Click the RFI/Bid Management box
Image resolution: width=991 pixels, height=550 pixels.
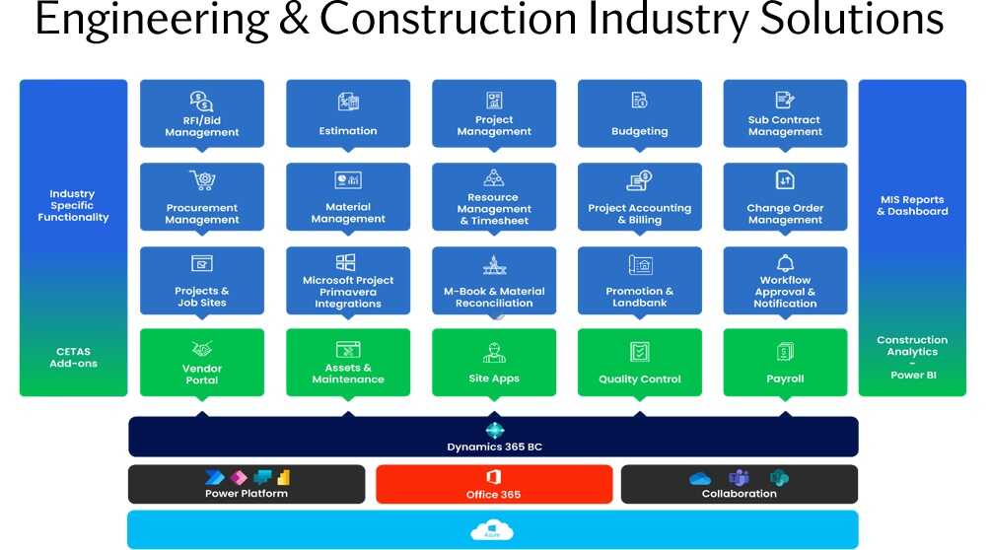pyautogui.click(x=202, y=113)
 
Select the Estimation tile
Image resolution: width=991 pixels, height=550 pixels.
pyautogui.click(x=348, y=113)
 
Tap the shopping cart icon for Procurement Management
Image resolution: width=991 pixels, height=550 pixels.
pyautogui.click(x=203, y=180)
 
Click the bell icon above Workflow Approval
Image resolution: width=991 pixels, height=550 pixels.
pyautogui.click(x=785, y=263)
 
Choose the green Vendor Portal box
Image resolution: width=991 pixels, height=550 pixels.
pyautogui.click(x=202, y=363)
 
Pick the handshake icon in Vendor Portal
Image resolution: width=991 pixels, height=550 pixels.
pyautogui.click(x=202, y=349)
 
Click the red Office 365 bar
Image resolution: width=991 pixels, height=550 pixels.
pyautogui.click(x=494, y=484)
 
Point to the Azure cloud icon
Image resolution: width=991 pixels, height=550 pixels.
pyautogui.click(x=492, y=529)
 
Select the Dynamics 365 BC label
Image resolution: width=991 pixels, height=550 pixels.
pyautogui.click(x=494, y=447)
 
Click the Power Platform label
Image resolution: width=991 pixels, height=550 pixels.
pyautogui.click(x=247, y=493)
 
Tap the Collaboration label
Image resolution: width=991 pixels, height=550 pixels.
pyautogui.click(x=739, y=493)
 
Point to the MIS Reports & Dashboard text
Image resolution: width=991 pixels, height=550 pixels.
pyautogui.click(x=912, y=205)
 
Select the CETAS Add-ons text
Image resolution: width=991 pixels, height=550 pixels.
pyautogui.click(x=73, y=358)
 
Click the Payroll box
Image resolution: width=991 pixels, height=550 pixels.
pyautogui.click(x=785, y=363)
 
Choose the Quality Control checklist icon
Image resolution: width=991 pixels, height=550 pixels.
pyautogui.click(x=640, y=352)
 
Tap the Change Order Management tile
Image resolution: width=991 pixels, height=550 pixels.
pyautogui.click(x=785, y=197)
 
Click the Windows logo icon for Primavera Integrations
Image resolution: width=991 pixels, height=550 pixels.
pyautogui.click(x=346, y=262)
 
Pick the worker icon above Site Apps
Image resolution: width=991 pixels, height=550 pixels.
pyautogui.click(x=494, y=352)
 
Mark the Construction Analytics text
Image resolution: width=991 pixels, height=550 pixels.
pyautogui.click(x=912, y=345)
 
